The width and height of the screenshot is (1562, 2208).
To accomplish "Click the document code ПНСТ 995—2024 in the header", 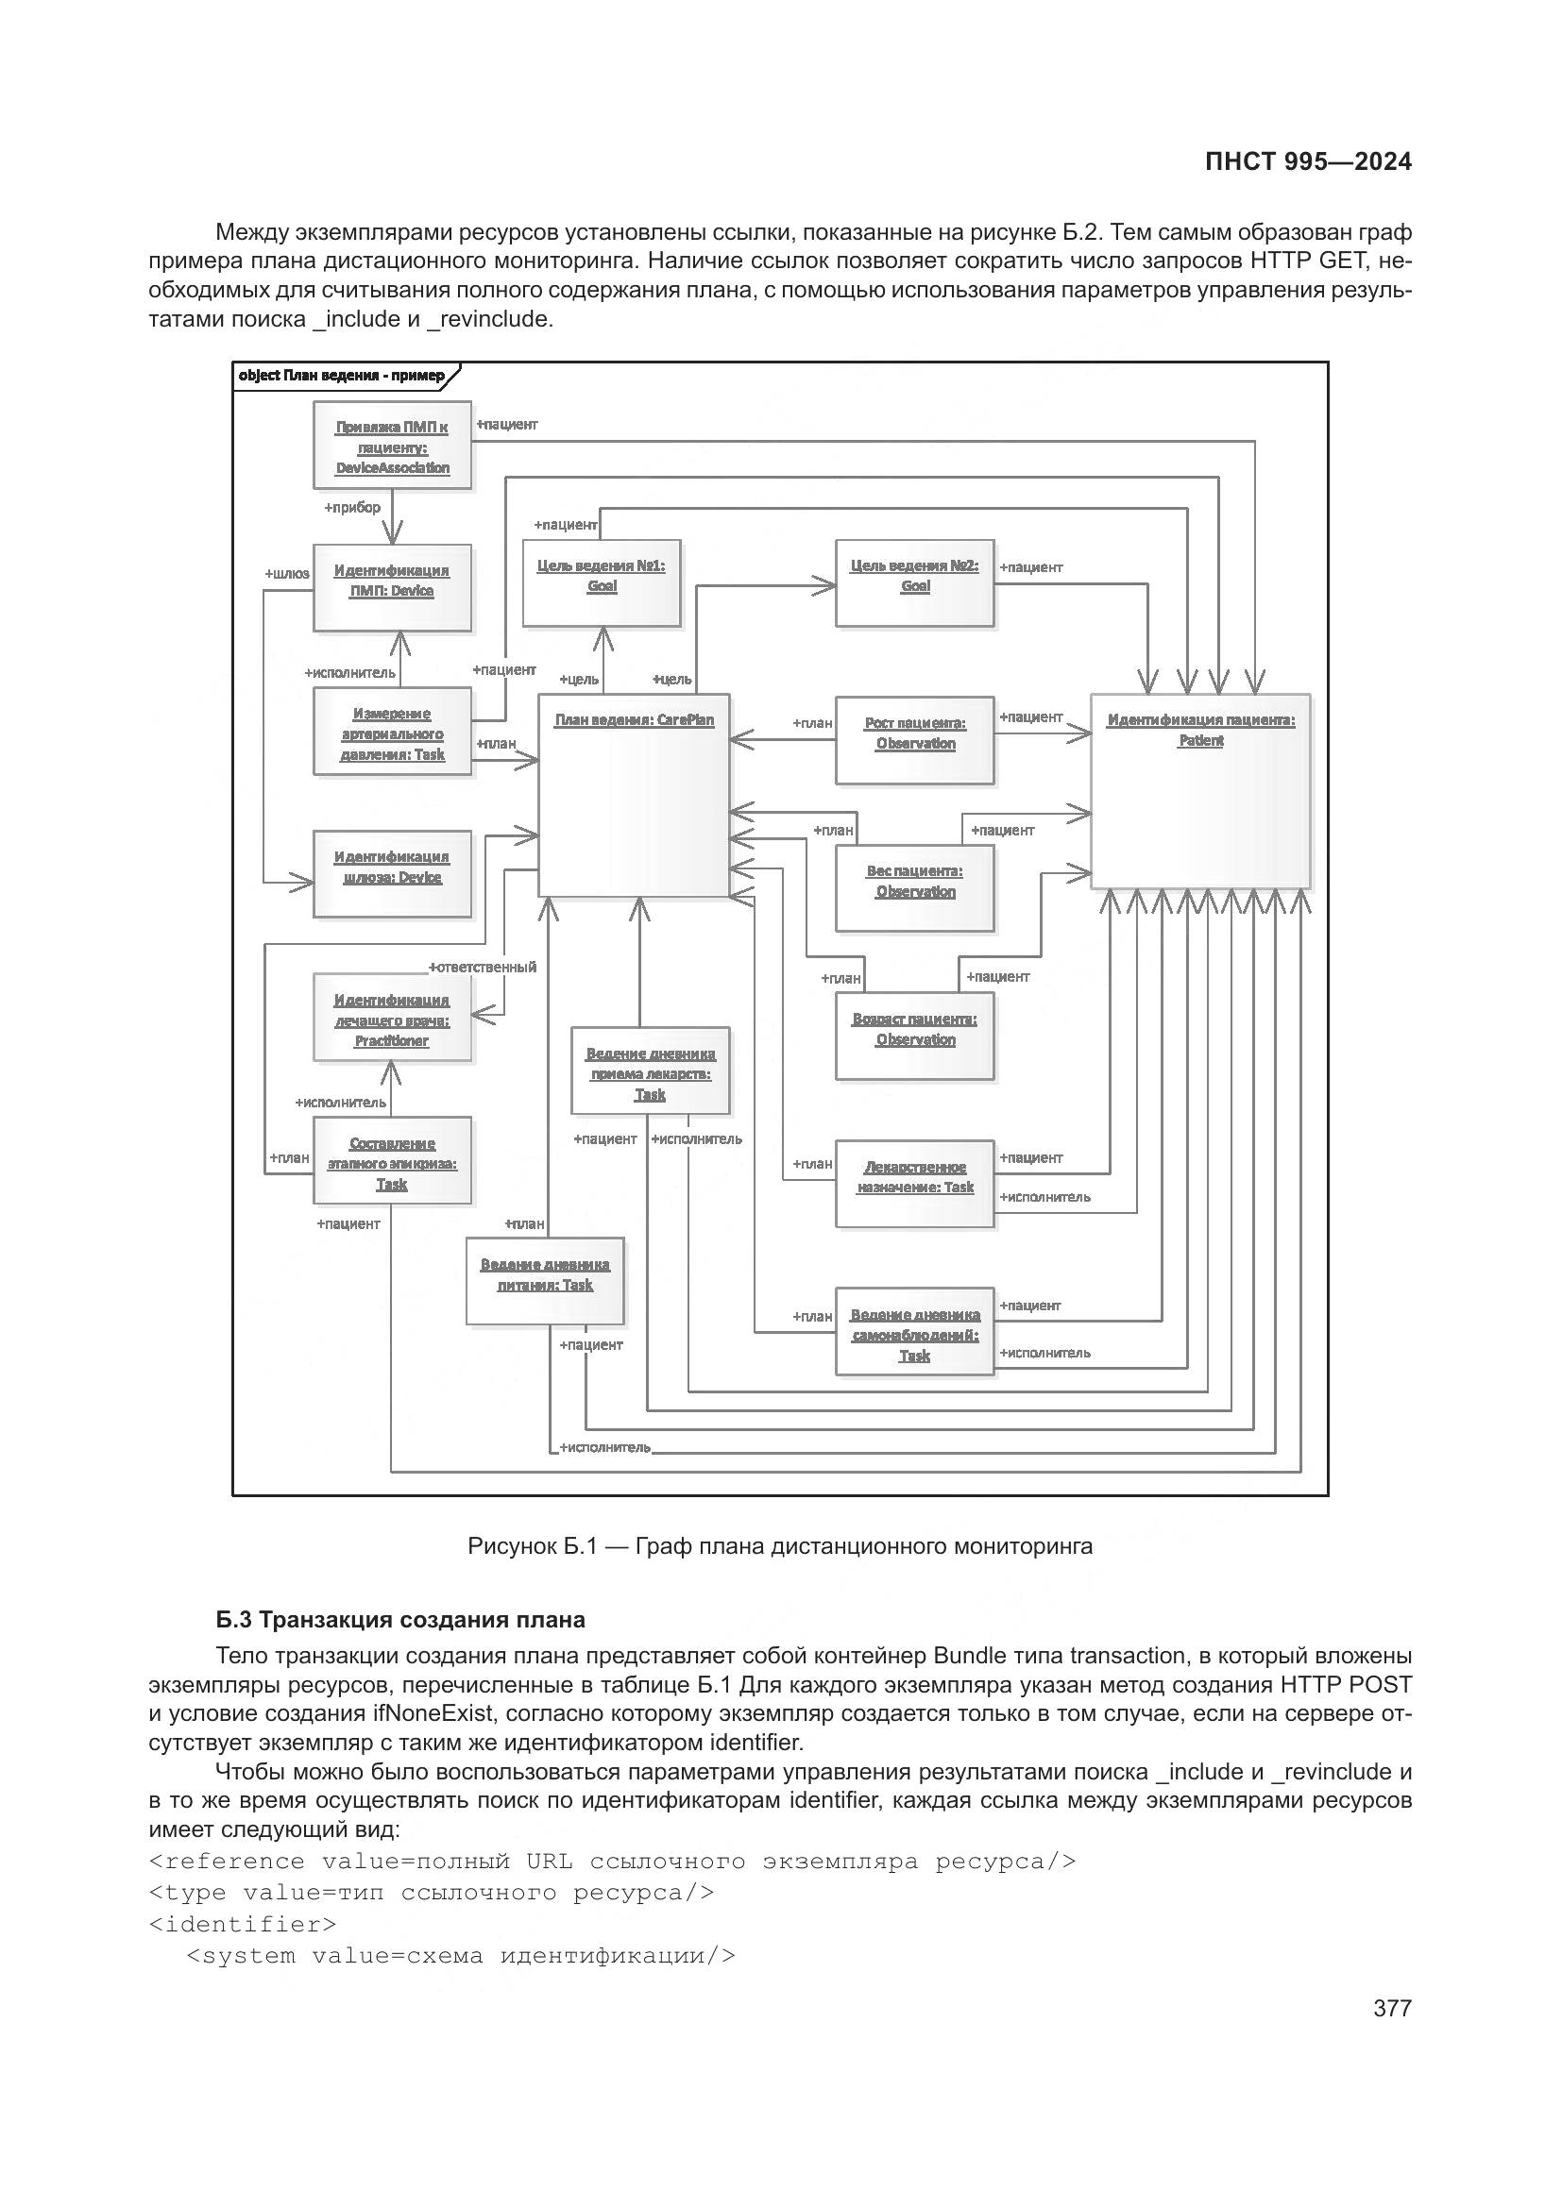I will click(1308, 161).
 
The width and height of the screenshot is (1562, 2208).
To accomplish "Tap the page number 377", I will click(1392, 2008).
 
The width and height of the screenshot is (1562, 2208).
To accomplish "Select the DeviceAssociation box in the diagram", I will click(393, 446).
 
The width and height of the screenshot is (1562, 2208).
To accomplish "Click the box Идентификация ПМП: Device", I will click(393, 586).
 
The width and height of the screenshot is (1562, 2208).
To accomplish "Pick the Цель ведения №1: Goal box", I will click(602, 581).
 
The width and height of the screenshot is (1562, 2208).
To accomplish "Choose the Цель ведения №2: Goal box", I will click(915, 581).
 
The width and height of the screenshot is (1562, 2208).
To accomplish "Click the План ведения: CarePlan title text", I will click(634, 719).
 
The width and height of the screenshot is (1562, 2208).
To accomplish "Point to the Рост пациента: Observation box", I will click(915, 739).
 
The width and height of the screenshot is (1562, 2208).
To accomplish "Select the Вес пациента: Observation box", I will click(915, 887).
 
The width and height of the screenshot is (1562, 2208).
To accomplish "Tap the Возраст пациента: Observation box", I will click(915, 1036).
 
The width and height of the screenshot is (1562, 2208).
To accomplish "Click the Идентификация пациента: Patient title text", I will click(1200, 730).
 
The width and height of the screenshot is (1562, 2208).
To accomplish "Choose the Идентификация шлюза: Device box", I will click(393, 873).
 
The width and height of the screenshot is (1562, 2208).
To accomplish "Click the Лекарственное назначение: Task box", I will click(915, 1184).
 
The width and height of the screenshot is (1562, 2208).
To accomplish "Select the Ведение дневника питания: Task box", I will click(545, 1281).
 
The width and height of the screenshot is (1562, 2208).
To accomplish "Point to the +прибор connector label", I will click(352, 507).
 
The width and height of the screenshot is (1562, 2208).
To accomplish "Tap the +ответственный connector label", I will click(483, 967).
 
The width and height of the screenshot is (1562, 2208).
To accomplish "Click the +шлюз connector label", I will click(287, 573).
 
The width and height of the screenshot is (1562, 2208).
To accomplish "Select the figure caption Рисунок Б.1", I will click(779, 1545).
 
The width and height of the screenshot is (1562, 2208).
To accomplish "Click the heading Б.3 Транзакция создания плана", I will click(400, 1620).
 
